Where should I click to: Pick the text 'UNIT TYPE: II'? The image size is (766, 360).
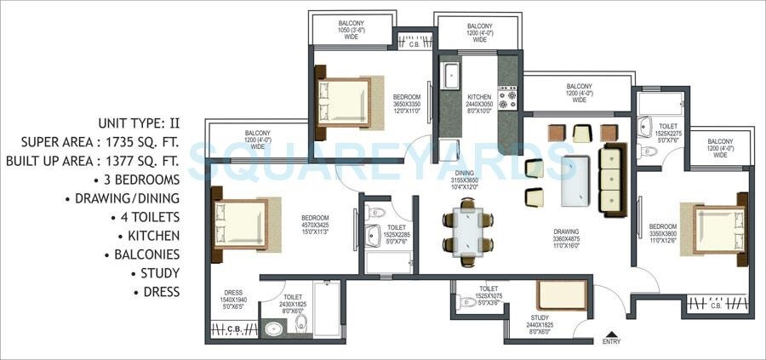click(139, 123)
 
